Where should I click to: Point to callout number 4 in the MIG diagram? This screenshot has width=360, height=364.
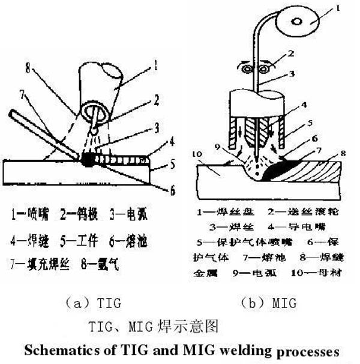click(x=306, y=105)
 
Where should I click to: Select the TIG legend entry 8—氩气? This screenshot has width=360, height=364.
click(x=96, y=263)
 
